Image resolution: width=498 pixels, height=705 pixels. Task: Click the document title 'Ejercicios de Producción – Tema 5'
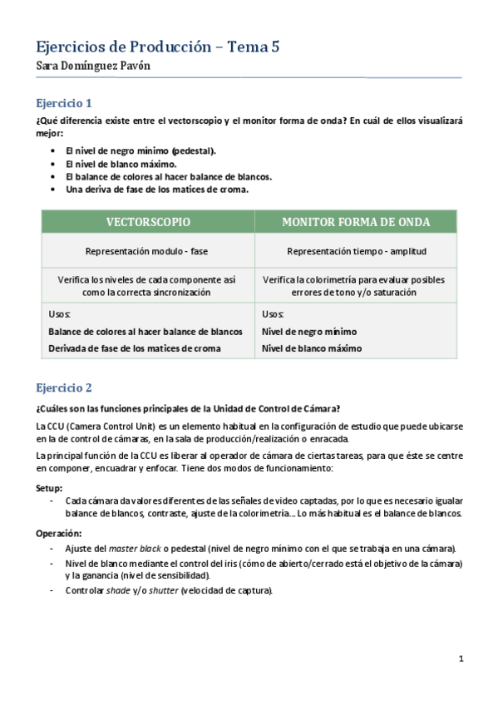[x=157, y=47]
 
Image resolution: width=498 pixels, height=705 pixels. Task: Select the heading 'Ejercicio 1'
[x=64, y=104]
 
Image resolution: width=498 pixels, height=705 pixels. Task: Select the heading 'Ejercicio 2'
[x=64, y=387]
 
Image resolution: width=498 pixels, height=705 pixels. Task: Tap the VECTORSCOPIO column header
[x=148, y=222]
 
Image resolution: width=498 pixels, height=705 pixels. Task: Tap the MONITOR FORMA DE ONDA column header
[x=356, y=222]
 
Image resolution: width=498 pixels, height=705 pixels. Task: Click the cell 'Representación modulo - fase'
[x=148, y=250]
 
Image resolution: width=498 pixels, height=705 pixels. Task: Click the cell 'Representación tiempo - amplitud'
[x=356, y=250]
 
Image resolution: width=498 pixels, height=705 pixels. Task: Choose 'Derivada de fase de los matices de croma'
[x=135, y=348]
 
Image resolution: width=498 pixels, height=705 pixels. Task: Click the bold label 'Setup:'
[x=50, y=488]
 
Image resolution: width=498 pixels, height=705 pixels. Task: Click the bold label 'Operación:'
[x=58, y=533]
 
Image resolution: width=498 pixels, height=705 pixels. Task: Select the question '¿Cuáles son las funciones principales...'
[x=187, y=408]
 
